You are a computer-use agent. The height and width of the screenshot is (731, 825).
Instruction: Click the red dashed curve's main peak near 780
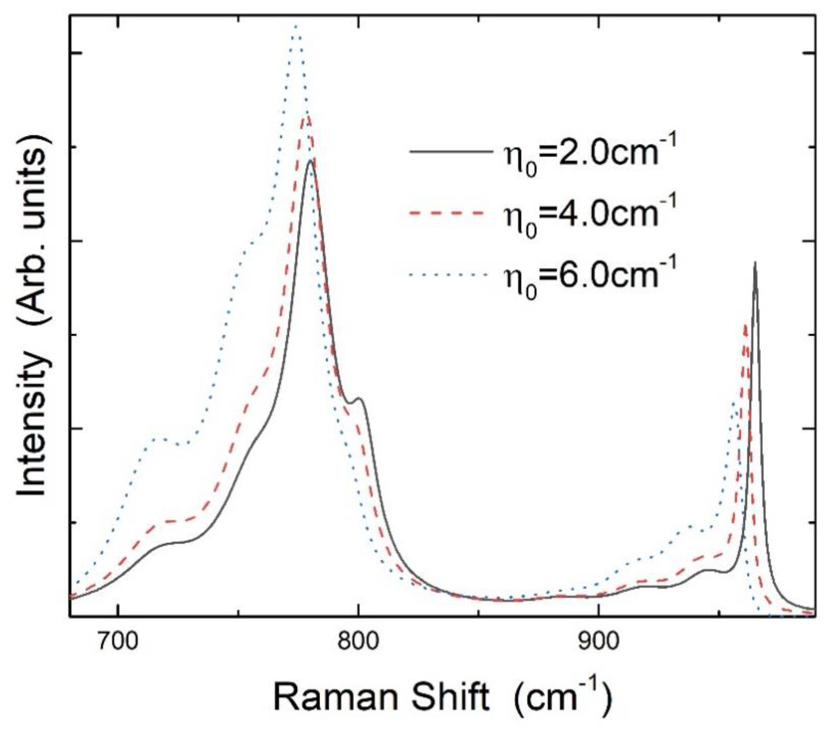click(308, 117)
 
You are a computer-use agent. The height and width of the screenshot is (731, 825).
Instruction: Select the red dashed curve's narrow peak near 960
click(745, 325)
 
